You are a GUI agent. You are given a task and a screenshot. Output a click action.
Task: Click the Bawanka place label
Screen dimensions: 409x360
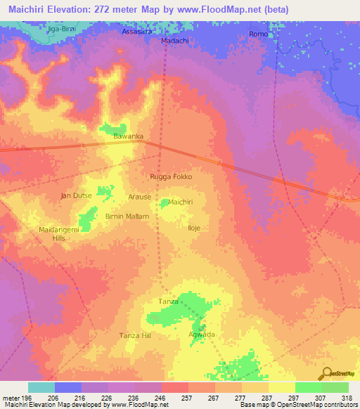click(129, 136)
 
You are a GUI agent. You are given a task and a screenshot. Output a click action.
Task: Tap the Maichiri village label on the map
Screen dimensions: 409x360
click(181, 202)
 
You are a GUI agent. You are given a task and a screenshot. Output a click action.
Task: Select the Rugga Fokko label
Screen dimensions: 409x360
click(171, 176)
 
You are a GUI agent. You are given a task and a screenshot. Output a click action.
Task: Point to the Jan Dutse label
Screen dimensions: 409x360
click(77, 195)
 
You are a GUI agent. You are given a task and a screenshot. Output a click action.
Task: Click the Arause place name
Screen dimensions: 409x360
click(139, 198)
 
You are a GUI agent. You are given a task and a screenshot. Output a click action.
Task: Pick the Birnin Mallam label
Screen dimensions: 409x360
click(127, 216)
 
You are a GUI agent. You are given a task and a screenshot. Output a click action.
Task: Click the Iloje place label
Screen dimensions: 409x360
click(194, 228)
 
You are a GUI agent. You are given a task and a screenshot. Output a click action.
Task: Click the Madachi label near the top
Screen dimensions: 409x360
click(174, 41)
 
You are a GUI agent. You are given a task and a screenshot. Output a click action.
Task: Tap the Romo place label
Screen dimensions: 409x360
click(258, 34)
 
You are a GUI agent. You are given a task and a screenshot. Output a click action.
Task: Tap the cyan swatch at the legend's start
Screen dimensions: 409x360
click(41, 387)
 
